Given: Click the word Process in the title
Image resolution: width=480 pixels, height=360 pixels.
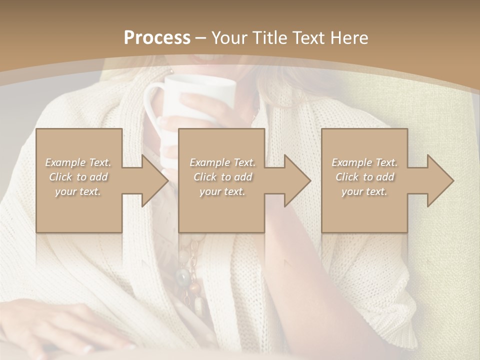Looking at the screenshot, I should click(x=157, y=38).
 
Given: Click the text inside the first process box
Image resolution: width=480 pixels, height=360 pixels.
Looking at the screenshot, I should click(x=78, y=177).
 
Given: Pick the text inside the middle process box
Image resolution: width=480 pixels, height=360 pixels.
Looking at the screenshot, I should click(x=222, y=177).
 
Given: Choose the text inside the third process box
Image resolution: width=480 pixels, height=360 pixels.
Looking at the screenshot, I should click(x=364, y=177).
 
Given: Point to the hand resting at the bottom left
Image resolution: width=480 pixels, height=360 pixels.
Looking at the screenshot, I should click(x=75, y=325).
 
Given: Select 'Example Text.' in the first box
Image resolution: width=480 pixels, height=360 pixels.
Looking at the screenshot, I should click(x=78, y=162).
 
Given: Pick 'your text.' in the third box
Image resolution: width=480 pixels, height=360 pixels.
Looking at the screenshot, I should click(x=364, y=191).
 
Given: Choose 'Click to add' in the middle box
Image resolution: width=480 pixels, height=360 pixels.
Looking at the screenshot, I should click(x=222, y=177).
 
